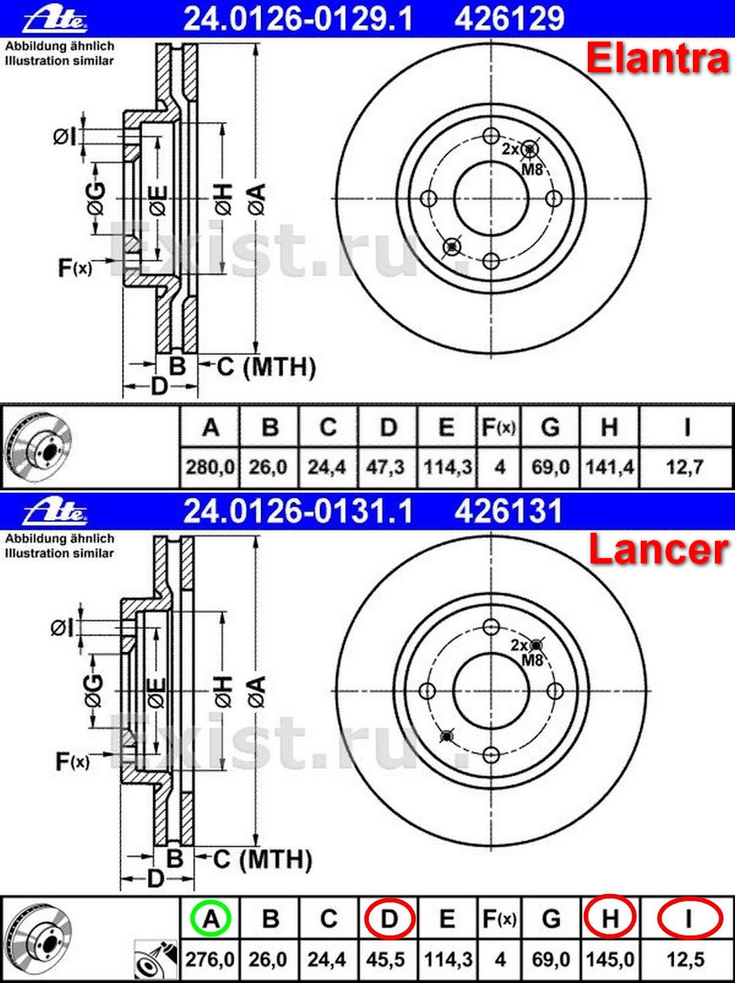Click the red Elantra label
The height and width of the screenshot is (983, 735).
click(x=657, y=59)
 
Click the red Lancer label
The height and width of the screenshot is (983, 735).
click(x=657, y=550)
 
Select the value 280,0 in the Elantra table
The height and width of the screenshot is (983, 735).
click(x=210, y=466)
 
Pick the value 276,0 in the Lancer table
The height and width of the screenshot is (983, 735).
click(x=210, y=958)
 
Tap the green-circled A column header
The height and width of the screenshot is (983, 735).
click(x=211, y=918)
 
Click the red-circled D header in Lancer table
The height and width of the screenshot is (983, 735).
click(x=389, y=918)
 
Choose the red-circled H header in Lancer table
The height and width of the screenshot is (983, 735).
click(x=609, y=917)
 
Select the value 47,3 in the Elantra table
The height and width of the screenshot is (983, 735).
click(x=387, y=466)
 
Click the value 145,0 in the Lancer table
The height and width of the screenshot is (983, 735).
click(x=609, y=958)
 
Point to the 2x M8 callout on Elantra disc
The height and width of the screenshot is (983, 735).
click(x=523, y=158)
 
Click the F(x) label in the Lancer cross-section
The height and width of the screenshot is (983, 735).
click(x=73, y=761)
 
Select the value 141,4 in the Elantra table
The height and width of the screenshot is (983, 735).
click(x=609, y=466)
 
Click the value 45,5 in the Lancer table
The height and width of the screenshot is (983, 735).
click(x=387, y=958)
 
